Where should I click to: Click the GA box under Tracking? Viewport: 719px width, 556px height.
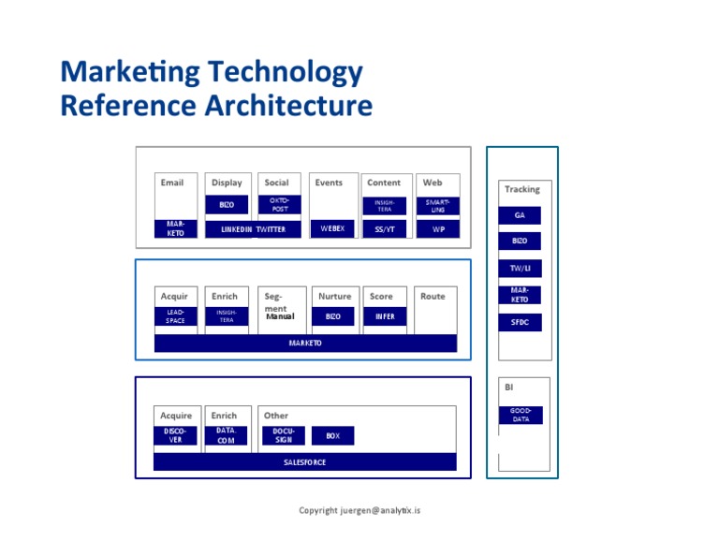520,215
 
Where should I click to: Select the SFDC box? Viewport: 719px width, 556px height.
520,323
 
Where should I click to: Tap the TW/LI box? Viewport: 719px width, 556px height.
520,269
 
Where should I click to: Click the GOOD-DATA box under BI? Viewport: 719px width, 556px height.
520,416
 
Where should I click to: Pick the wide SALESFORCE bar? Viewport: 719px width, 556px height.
305,462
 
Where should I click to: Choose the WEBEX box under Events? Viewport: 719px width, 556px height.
332,228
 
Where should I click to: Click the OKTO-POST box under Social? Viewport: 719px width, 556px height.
279,204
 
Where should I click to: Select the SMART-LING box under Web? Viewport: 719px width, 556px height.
437,205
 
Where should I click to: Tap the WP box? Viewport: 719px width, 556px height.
437,229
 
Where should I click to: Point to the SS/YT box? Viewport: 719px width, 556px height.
384,229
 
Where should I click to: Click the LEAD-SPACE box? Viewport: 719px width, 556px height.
175,316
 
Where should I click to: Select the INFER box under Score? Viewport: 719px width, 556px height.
384,316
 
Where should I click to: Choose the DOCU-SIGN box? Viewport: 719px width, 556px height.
283,435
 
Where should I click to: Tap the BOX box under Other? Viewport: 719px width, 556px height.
332,436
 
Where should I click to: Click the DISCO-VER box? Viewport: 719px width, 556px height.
175,435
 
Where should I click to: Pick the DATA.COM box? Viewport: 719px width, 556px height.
226,435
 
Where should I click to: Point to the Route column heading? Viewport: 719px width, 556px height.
433,296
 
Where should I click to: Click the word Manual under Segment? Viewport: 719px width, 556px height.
280,316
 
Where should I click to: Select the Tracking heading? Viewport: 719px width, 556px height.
521,189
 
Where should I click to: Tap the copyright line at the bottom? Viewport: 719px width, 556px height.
359,510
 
